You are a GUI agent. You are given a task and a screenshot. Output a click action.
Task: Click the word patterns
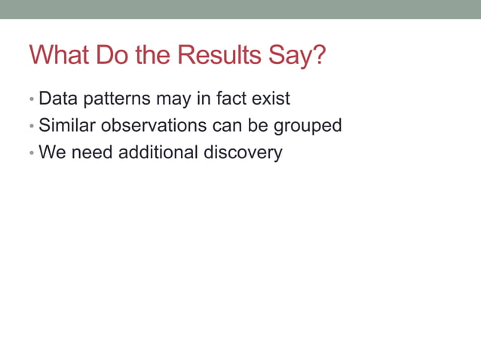[x=118, y=99]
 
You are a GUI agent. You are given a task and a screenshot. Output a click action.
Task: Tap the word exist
[x=269, y=99]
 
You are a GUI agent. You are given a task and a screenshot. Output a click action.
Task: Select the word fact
[x=229, y=99]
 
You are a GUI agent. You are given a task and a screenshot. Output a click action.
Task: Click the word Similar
[x=64, y=125]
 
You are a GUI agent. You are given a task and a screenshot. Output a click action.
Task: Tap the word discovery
[x=243, y=153]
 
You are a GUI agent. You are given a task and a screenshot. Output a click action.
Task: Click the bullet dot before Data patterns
[x=31, y=99]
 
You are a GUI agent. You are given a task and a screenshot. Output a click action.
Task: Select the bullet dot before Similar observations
[x=31, y=126]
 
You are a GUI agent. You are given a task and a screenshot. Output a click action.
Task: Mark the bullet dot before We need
[x=31, y=153]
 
